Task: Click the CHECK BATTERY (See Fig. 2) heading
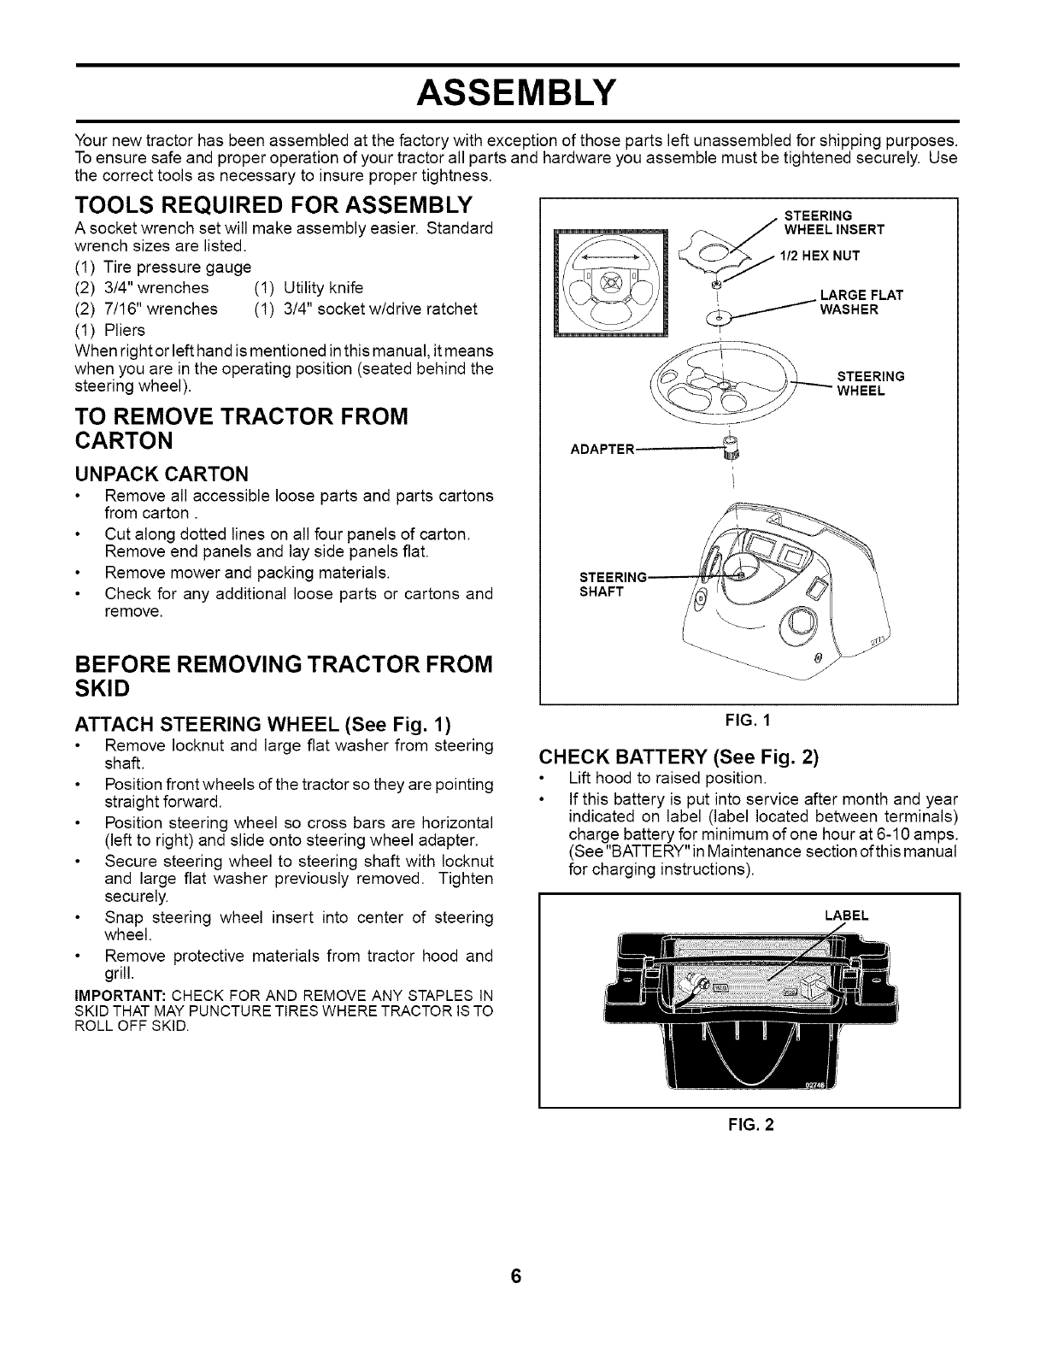tap(679, 757)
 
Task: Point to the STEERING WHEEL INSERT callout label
tap(833, 222)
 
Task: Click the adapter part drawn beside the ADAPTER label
tap(729, 447)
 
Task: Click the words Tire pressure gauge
tap(177, 267)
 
